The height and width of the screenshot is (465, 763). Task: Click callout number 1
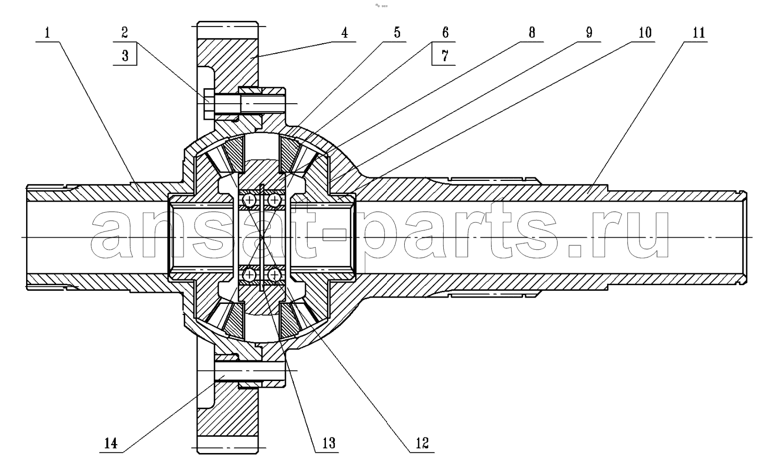point(47,33)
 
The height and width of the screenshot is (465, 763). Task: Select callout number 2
point(125,33)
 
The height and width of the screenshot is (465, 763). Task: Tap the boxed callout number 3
point(125,56)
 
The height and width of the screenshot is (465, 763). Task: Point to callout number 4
point(345,33)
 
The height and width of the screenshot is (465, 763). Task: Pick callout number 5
point(397,33)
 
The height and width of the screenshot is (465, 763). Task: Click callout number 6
point(445,33)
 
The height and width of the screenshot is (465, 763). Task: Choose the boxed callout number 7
point(445,56)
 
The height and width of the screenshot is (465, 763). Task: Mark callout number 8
point(532,33)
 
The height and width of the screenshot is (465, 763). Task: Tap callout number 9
point(589,33)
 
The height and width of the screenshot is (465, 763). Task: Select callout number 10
point(645,33)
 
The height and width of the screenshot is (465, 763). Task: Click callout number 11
point(699,33)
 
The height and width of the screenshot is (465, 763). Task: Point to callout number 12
point(422,443)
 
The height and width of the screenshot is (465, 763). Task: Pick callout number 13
point(329,443)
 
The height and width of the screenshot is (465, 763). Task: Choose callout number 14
point(111,443)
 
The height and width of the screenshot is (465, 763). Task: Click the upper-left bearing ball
point(249,200)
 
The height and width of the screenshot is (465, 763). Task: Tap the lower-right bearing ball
point(274,274)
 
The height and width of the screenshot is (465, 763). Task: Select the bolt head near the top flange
point(209,104)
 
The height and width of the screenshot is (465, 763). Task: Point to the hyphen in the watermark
point(334,235)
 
